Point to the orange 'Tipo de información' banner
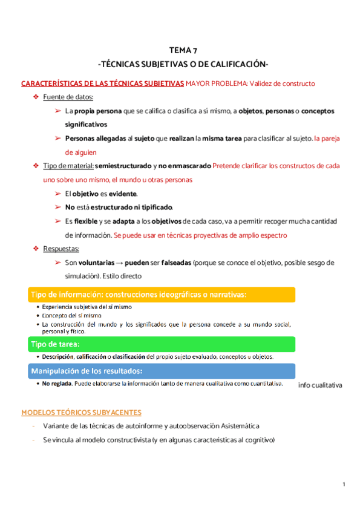click(x=160, y=295)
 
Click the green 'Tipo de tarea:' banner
click(x=160, y=344)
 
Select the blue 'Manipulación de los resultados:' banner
click(x=160, y=370)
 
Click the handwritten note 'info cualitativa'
click(x=321, y=385)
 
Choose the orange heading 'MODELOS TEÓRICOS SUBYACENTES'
click(x=81, y=413)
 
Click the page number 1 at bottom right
click(x=343, y=484)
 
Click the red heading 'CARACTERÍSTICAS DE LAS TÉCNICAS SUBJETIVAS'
click(x=102, y=83)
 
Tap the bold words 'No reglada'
click(x=55, y=384)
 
